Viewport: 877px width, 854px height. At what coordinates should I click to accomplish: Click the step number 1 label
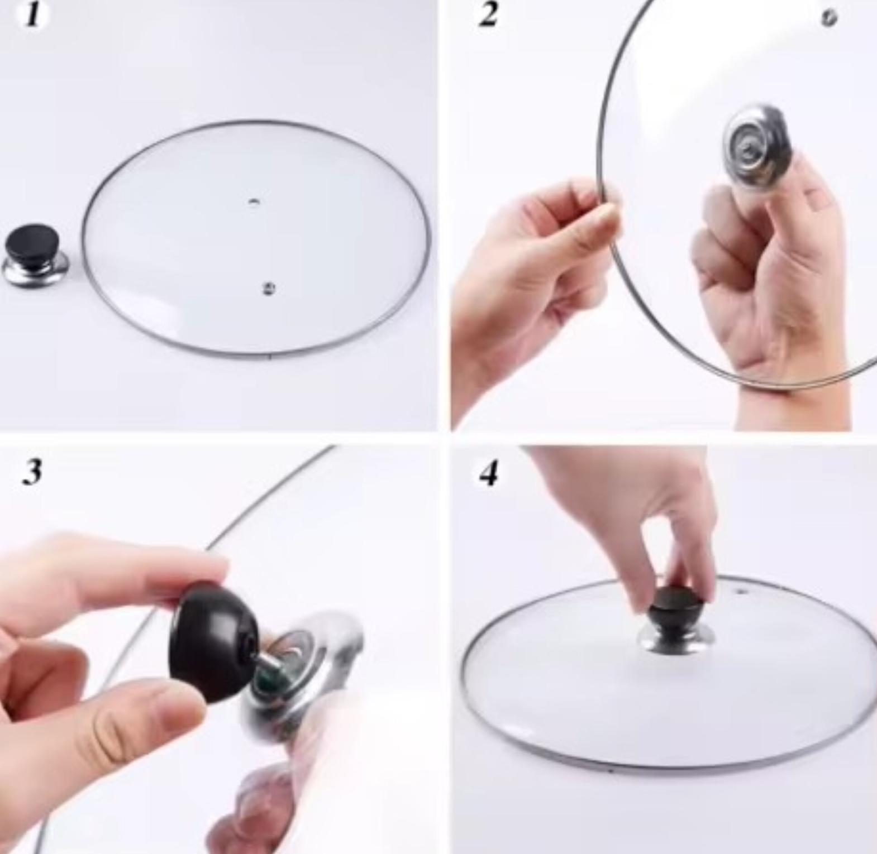pyautogui.click(x=34, y=16)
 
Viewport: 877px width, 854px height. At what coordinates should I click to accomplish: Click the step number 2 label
pyautogui.click(x=488, y=15)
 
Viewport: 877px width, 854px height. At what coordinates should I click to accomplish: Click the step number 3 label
pyautogui.click(x=32, y=472)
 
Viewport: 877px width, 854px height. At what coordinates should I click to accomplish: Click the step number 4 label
pyautogui.click(x=489, y=473)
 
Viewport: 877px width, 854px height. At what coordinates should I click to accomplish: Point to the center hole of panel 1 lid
pyautogui.click(x=254, y=201)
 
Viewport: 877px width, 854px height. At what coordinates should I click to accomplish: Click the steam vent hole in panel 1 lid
pyautogui.click(x=269, y=288)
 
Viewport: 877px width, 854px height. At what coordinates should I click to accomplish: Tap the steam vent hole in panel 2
pyautogui.click(x=830, y=17)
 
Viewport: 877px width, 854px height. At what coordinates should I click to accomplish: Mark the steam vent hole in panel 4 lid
pyautogui.click(x=741, y=591)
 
